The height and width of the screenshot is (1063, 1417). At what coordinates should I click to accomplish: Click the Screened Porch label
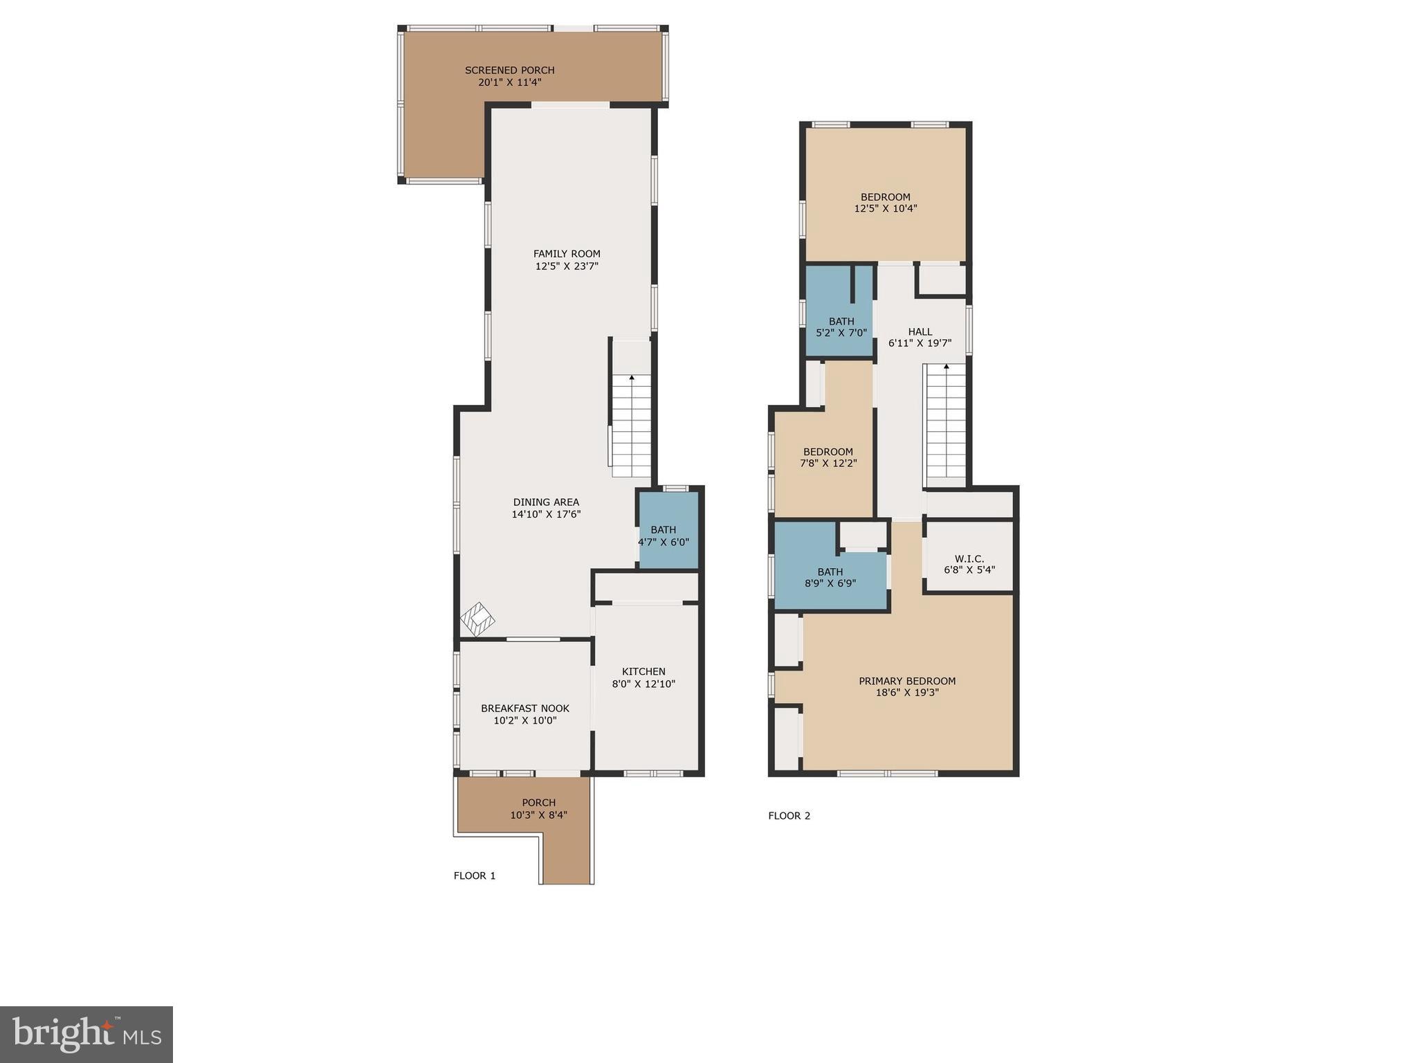pyautogui.click(x=509, y=71)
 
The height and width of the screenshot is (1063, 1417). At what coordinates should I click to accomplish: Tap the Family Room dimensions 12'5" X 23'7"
pyautogui.click(x=566, y=266)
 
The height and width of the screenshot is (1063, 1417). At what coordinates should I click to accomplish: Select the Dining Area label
pyautogui.click(x=546, y=502)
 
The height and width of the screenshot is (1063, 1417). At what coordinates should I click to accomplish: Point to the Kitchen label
pyautogui.click(x=643, y=671)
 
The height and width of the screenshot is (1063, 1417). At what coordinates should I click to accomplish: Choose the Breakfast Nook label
pyautogui.click(x=525, y=708)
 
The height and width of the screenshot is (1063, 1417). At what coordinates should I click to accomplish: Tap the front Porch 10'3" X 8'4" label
pyautogui.click(x=538, y=809)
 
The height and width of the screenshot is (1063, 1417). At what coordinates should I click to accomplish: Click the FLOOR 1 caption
pyautogui.click(x=475, y=875)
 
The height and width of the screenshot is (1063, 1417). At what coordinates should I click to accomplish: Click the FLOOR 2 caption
pyautogui.click(x=789, y=815)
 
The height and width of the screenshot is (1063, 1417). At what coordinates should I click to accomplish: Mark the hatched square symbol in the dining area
pyautogui.click(x=478, y=619)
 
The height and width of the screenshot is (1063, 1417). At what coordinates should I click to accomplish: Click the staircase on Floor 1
pyautogui.click(x=631, y=426)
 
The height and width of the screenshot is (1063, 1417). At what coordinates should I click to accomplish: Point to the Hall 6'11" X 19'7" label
pyautogui.click(x=920, y=337)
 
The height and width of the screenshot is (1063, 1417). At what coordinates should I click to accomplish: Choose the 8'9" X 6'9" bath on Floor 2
pyautogui.click(x=830, y=577)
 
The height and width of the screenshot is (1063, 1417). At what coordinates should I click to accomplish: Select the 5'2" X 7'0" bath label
pyautogui.click(x=841, y=327)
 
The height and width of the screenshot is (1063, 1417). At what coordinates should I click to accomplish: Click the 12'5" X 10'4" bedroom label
pyautogui.click(x=885, y=202)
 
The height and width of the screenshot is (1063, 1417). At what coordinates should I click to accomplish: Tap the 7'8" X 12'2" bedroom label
pyautogui.click(x=828, y=457)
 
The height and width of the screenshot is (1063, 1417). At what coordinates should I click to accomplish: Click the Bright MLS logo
pyautogui.click(x=86, y=1035)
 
